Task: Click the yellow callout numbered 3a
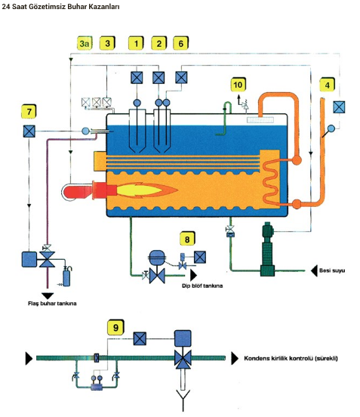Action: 85,43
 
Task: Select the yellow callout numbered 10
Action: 238,85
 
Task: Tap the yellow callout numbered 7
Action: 29,111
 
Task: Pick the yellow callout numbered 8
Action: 187,239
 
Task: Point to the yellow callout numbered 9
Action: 115,327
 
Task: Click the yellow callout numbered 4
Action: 327,85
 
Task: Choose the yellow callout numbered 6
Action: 180,43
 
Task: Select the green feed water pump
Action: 267,249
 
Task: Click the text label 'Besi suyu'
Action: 332,270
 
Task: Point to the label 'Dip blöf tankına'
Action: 202,286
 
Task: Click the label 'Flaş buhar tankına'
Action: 52,304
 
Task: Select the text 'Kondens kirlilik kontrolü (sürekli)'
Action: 291,358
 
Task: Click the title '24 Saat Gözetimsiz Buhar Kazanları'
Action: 60,7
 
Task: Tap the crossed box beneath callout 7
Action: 29,131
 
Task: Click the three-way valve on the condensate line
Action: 183,359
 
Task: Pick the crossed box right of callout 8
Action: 200,257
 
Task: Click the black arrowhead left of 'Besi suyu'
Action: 314,270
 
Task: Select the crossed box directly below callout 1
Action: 137,78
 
